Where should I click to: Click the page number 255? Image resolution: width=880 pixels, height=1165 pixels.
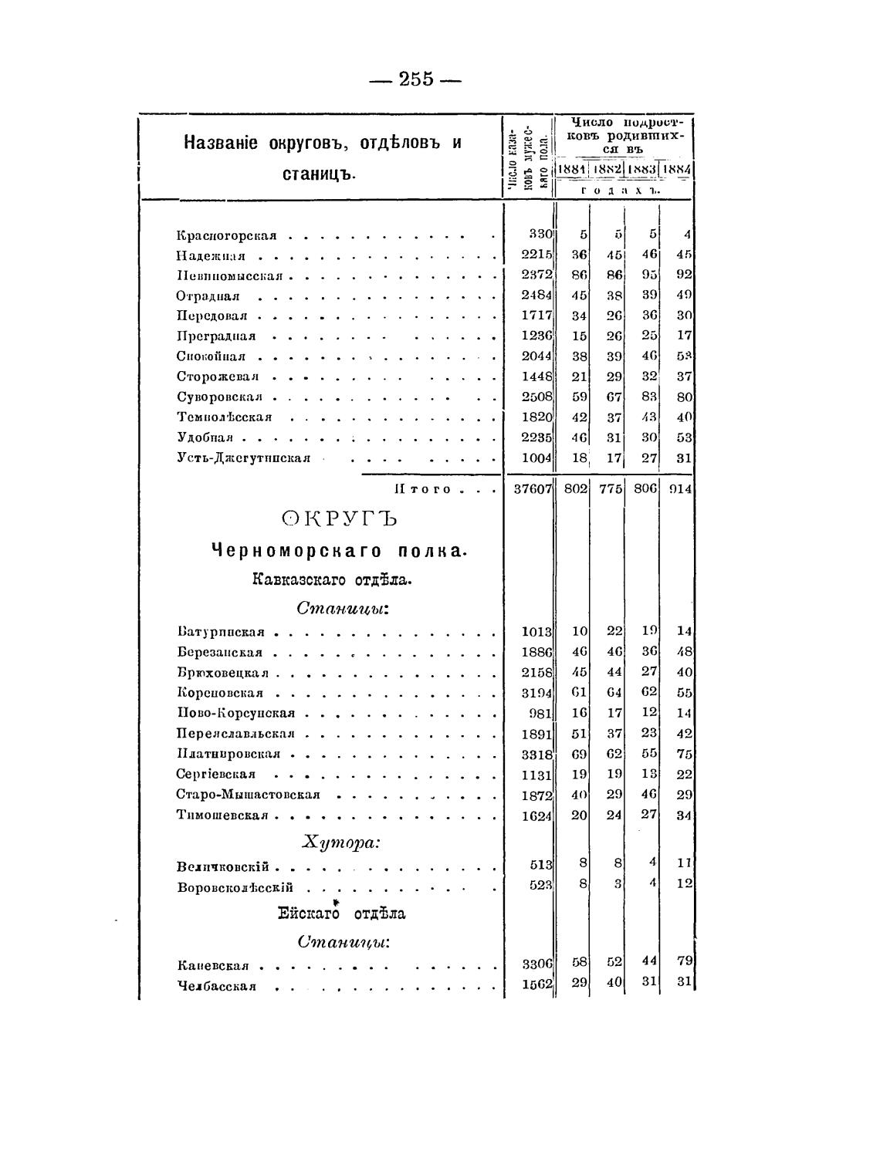pyautogui.click(x=417, y=79)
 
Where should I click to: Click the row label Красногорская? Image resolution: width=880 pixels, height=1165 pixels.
pyautogui.click(x=226, y=235)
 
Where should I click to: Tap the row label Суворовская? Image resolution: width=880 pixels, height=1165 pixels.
pyautogui.click(x=220, y=397)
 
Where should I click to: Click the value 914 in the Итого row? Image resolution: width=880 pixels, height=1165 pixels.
pyautogui.click(x=679, y=488)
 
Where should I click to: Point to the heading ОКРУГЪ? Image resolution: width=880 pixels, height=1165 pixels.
pyautogui.click(x=340, y=519)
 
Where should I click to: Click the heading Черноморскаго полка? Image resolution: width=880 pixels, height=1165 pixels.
pyautogui.click(x=338, y=551)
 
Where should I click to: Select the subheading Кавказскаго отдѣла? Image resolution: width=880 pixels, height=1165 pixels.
pyautogui.click(x=332, y=580)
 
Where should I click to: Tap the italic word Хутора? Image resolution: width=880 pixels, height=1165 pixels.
pyautogui.click(x=340, y=843)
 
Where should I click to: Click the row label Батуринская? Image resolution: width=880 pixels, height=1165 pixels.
pyautogui.click(x=222, y=632)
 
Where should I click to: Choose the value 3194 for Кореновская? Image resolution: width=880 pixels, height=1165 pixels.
pyautogui.click(x=536, y=693)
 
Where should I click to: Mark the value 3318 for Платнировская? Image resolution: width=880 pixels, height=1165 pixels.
pyautogui.click(x=536, y=754)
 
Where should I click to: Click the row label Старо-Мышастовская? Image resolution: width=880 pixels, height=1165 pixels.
pyautogui.click(x=248, y=795)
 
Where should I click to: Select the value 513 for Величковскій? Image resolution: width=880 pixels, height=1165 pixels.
pyautogui.click(x=541, y=866)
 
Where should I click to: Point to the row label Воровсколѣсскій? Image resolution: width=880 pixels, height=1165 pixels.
pyautogui.click(x=235, y=887)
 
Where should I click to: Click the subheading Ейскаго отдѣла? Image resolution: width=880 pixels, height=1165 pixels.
pyautogui.click(x=341, y=914)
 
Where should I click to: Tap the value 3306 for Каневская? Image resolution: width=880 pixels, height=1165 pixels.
pyautogui.click(x=536, y=964)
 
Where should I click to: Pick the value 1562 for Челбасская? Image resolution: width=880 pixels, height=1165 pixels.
pyautogui.click(x=536, y=985)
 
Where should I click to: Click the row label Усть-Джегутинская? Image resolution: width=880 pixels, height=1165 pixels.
pyautogui.click(x=244, y=458)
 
